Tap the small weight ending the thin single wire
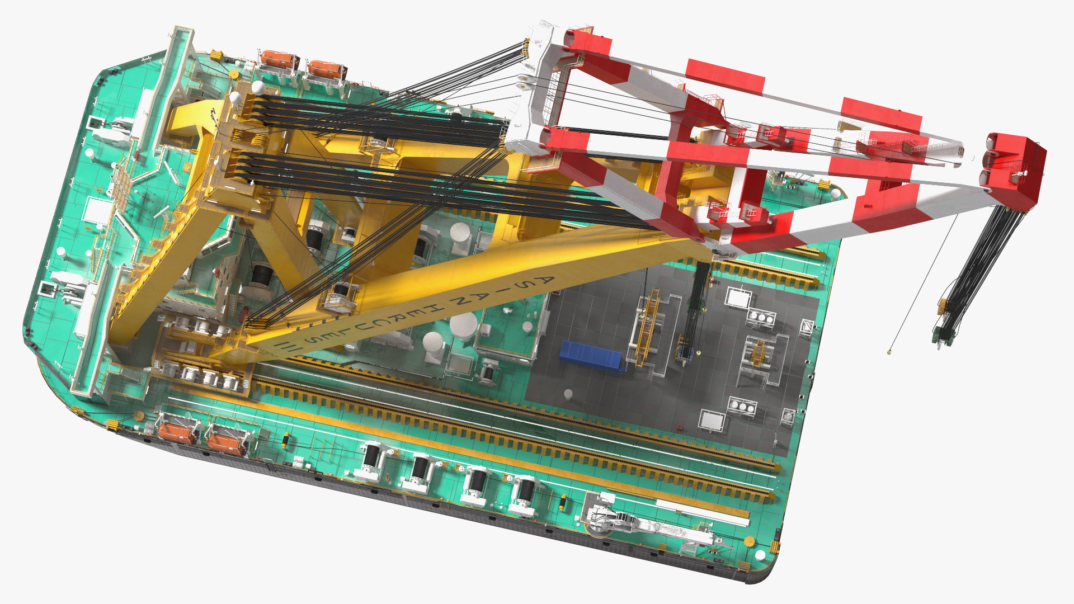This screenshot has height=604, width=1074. point(889,352)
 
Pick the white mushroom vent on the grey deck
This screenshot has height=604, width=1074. point(568,394)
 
